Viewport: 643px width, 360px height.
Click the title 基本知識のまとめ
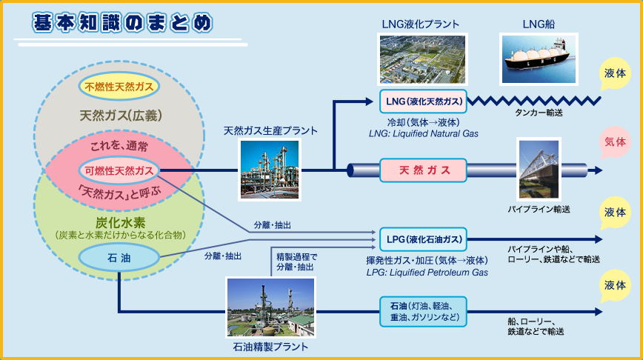click(x=122, y=22)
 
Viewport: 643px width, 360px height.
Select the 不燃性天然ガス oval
click(x=119, y=86)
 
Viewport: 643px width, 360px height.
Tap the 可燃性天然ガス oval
click(x=119, y=170)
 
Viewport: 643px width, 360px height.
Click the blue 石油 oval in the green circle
click(x=119, y=257)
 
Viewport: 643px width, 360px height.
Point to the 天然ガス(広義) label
click(x=121, y=116)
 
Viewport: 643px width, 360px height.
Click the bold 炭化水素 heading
click(x=120, y=222)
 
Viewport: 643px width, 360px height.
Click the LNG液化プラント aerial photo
click(x=422, y=59)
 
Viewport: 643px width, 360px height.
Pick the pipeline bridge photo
click(x=539, y=169)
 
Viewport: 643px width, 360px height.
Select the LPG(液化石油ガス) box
click(x=424, y=239)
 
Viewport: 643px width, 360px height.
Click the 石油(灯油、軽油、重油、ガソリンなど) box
click(x=424, y=312)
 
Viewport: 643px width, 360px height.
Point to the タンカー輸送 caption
click(x=539, y=113)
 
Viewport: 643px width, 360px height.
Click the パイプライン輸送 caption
click(x=539, y=210)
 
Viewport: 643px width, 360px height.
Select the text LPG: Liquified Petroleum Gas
click(x=427, y=273)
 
